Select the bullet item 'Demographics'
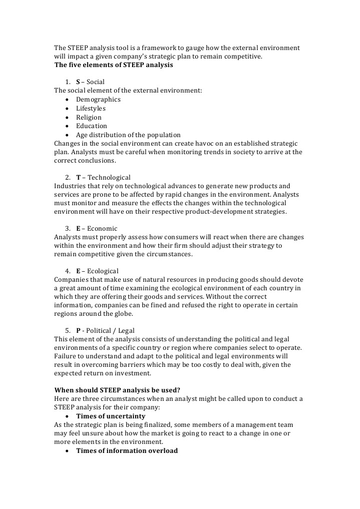tap(98, 99)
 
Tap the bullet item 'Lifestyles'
tap(91, 108)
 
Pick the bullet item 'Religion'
tap(89, 117)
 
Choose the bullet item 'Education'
tap(92, 126)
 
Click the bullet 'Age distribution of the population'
tap(128, 135)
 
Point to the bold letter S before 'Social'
tap(78, 82)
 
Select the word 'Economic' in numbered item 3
tap(102, 228)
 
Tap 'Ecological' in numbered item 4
tap(103, 271)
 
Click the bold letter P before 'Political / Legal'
tap(78, 331)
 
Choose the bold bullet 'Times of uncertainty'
tap(111, 416)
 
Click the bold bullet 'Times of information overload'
tap(127, 450)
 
